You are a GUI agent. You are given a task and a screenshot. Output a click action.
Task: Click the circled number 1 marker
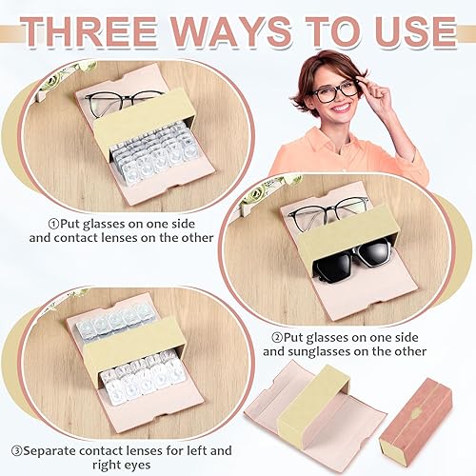coord(54,224)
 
